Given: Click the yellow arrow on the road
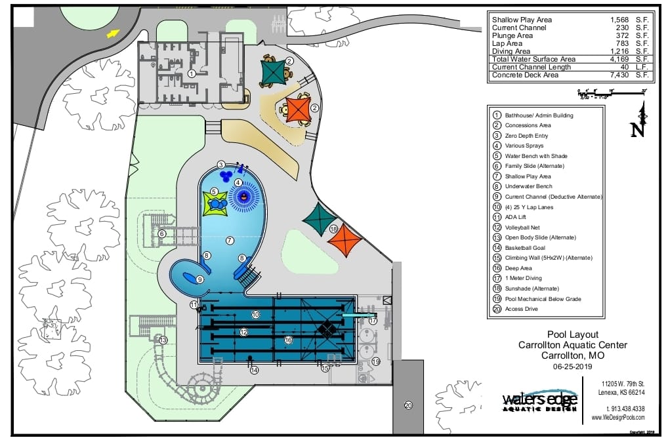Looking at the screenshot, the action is tap(114, 33).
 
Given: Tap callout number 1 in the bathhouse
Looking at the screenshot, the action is tap(192, 73).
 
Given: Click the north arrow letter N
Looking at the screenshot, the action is tap(637, 130).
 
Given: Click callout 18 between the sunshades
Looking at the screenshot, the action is tap(334, 229).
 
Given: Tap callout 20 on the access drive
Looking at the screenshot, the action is tap(408, 405).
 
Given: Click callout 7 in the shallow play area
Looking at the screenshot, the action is tap(230, 240).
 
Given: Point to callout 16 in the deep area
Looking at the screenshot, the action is tap(287, 340).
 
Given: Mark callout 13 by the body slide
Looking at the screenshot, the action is tap(163, 340).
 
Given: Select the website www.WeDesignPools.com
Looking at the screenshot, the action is tap(617, 417).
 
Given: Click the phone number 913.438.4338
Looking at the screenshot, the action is tap(621, 408).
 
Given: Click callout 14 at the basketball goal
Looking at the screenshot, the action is tap(254, 370).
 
